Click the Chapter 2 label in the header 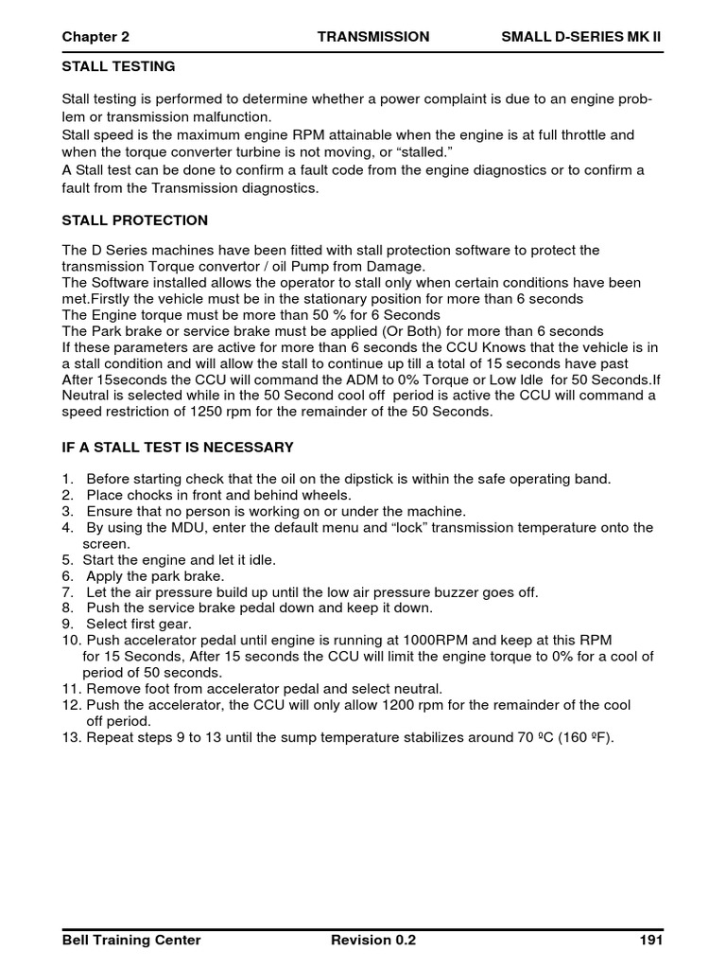pyautogui.click(x=95, y=37)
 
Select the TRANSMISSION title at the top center pyautogui.click(x=372, y=37)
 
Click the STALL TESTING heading pyautogui.click(x=118, y=67)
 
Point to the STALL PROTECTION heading pyautogui.click(x=134, y=220)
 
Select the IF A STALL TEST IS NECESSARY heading pyautogui.click(x=178, y=447)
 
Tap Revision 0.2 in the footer pyautogui.click(x=373, y=940)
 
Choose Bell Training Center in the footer pyautogui.click(x=131, y=940)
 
